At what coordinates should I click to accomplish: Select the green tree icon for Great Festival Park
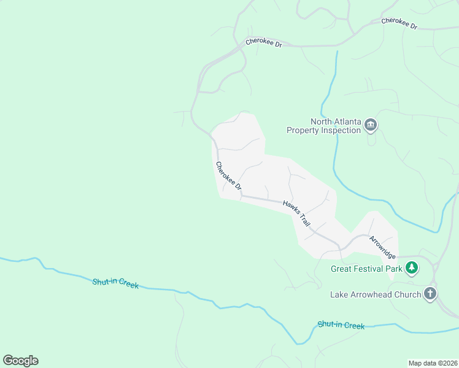click(x=411, y=267)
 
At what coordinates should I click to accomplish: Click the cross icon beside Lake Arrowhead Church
click(x=430, y=294)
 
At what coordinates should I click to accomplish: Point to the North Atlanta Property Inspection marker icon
click(x=370, y=125)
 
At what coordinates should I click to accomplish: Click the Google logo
click(x=20, y=360)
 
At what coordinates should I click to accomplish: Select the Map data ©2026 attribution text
click(x=432, y=362)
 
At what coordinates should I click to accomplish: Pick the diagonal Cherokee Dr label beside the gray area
click(x=228, y=175)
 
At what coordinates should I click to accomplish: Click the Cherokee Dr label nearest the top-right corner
click(x=399, y=24)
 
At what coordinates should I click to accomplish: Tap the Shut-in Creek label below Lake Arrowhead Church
click(x=341, y=324)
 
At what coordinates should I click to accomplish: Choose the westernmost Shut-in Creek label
click(x=115, y=283)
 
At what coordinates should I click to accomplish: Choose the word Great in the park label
click(x=342, y=268)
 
